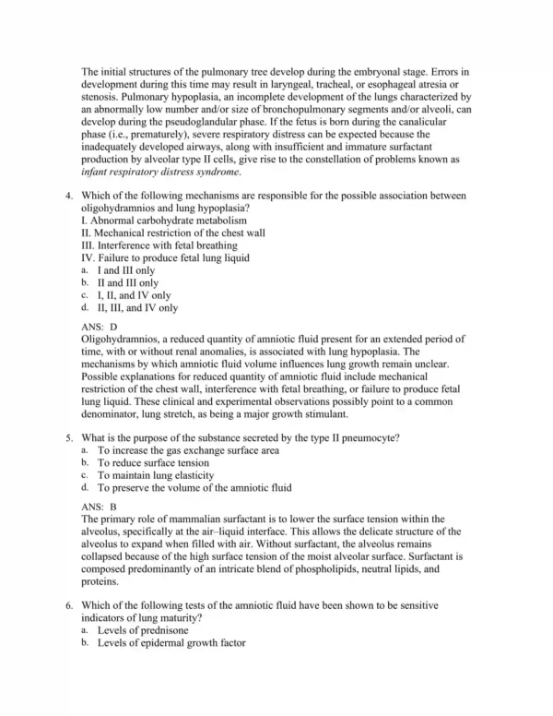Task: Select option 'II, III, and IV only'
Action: [138, 308]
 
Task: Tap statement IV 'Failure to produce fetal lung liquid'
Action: [165, 258]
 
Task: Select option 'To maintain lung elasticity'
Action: [157, 474]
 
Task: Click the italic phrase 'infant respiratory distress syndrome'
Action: [160, 171]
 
